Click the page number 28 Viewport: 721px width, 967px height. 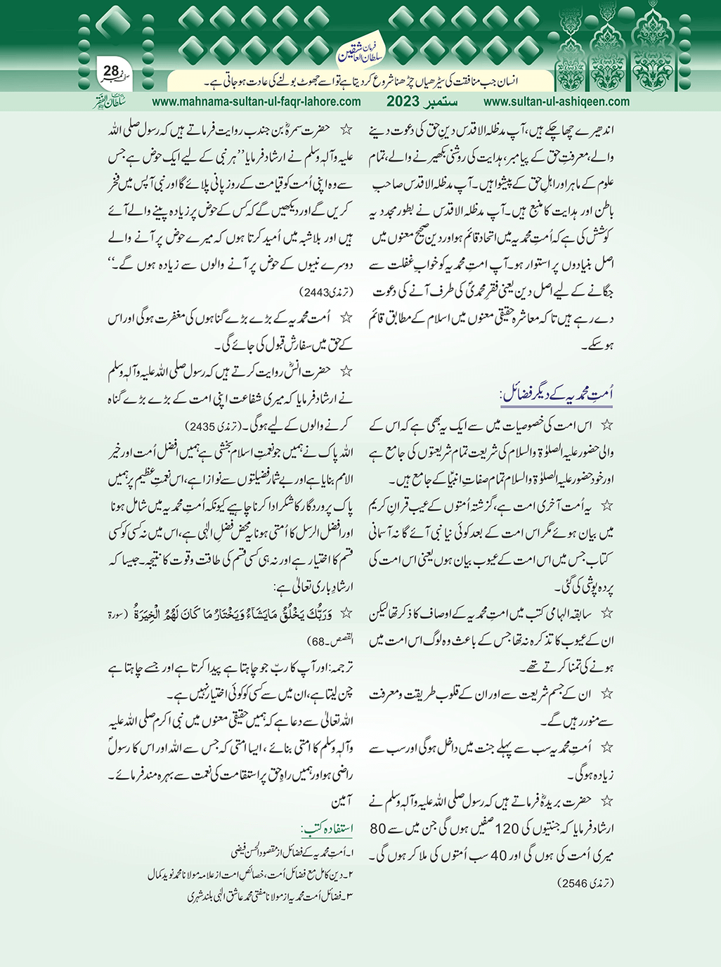(111, 71)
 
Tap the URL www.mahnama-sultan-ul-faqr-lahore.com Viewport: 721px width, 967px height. (256, 101)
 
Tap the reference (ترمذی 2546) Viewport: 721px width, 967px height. (586, 881)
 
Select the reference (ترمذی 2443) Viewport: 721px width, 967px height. (320, 291)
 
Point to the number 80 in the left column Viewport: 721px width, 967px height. (378, 829)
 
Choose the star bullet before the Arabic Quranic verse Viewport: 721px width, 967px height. (345, 614)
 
